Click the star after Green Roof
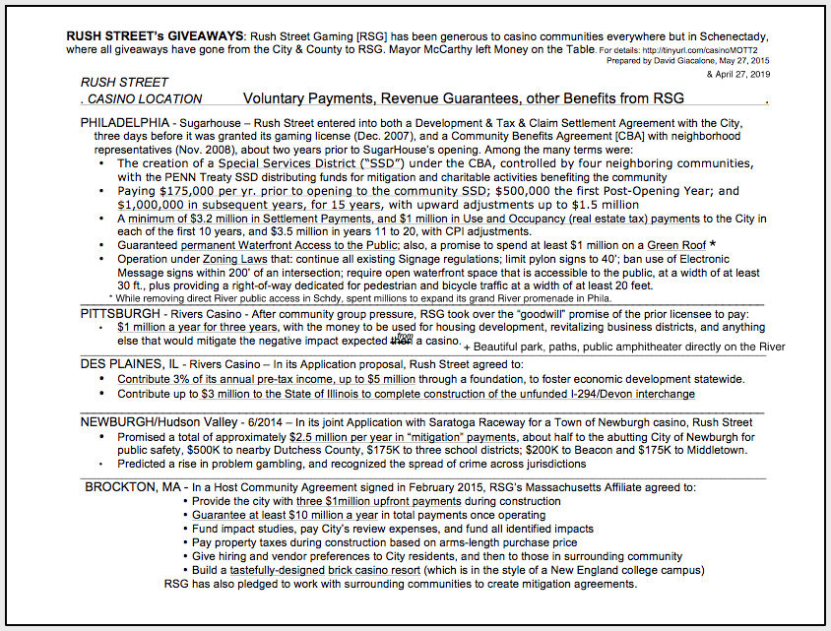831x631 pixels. (x=712, y=242)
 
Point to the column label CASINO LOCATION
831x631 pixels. (x=144, y=99)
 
